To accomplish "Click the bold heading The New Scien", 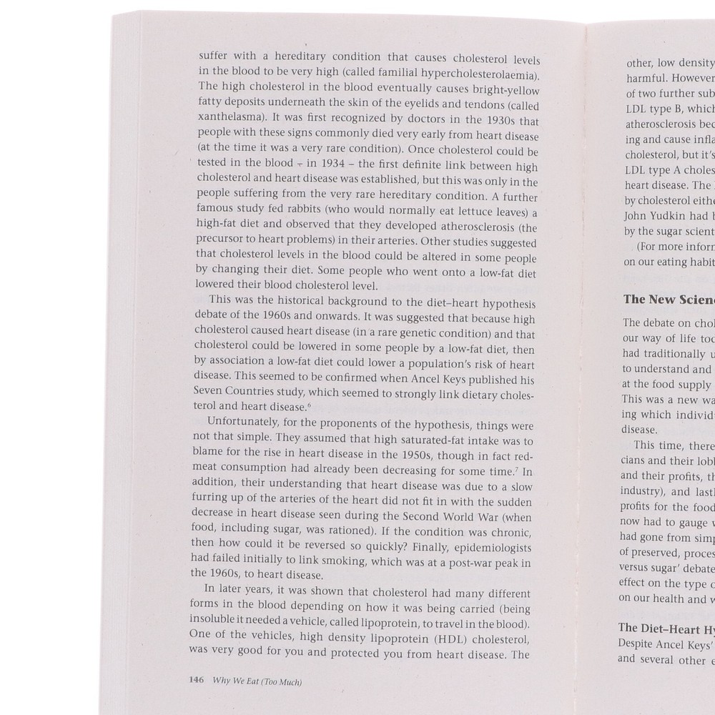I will click(x=668, y=300).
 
